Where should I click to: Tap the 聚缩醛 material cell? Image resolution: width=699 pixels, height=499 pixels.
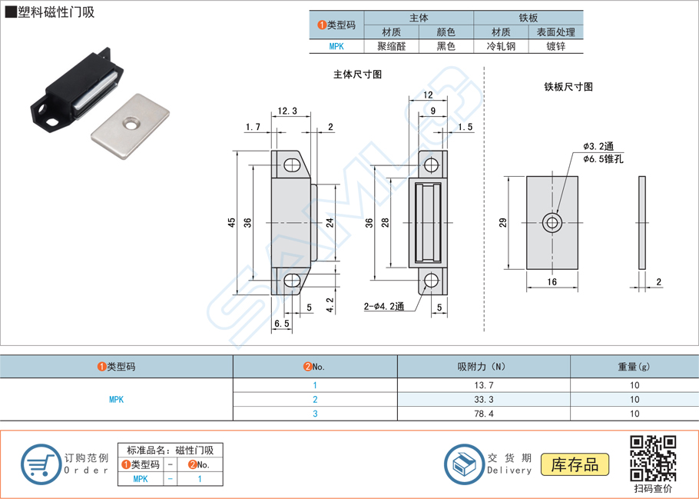click(x=391, y=46)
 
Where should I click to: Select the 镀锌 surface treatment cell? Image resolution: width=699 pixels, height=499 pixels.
click(x=556, y=46)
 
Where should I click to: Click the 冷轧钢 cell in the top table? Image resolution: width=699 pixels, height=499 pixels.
click(x=501, y=46)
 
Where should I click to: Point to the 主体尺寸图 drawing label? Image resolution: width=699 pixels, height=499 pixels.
click(x=357, y=75)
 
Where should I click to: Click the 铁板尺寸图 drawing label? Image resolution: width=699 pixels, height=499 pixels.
click(x=568, y=87)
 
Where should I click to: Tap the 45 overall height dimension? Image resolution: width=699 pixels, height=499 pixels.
click(x=231, y=222)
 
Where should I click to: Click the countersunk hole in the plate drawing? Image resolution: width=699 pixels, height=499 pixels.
click(x=552, y=223)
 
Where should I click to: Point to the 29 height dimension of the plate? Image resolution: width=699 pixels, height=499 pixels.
click(x=503, y=222)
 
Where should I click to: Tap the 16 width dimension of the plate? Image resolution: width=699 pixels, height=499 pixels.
click(x=552, y=282)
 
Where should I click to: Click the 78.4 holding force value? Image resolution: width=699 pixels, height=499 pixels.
click(x=483, y=414)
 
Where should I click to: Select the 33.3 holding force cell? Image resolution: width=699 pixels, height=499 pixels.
click(x=483, y=400)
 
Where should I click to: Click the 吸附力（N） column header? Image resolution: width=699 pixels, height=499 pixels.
click(x=483, y=367)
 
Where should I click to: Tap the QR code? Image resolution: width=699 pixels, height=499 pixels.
click(x=653, y=458)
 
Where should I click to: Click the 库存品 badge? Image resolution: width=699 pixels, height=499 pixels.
click(x=575, y=464)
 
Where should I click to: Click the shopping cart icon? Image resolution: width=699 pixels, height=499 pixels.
click(x=39, y=464)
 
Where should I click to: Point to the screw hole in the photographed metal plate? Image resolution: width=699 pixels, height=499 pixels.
click(x=129, y=122)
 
